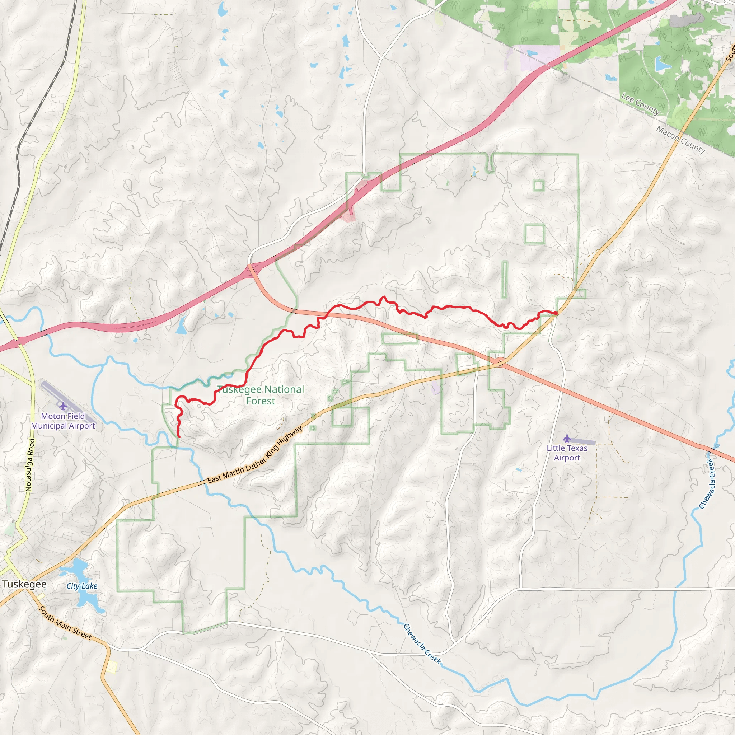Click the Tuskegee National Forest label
point(261,395)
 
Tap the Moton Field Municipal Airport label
point(63,421)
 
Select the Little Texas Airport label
point(567,453)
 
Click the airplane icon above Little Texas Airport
point(567,438)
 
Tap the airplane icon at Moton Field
point(63,406)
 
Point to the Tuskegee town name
point(24,584)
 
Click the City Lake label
point(82,586)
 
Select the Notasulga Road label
point(30,465)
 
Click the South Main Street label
point(65,623)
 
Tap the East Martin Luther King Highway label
point(255,455)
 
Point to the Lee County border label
point(640,104)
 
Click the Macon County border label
point(680,140)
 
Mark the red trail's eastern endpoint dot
point(556,313)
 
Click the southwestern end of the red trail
point(179,437)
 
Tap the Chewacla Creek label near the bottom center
point(422,644)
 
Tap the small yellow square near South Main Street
point(112,666)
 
